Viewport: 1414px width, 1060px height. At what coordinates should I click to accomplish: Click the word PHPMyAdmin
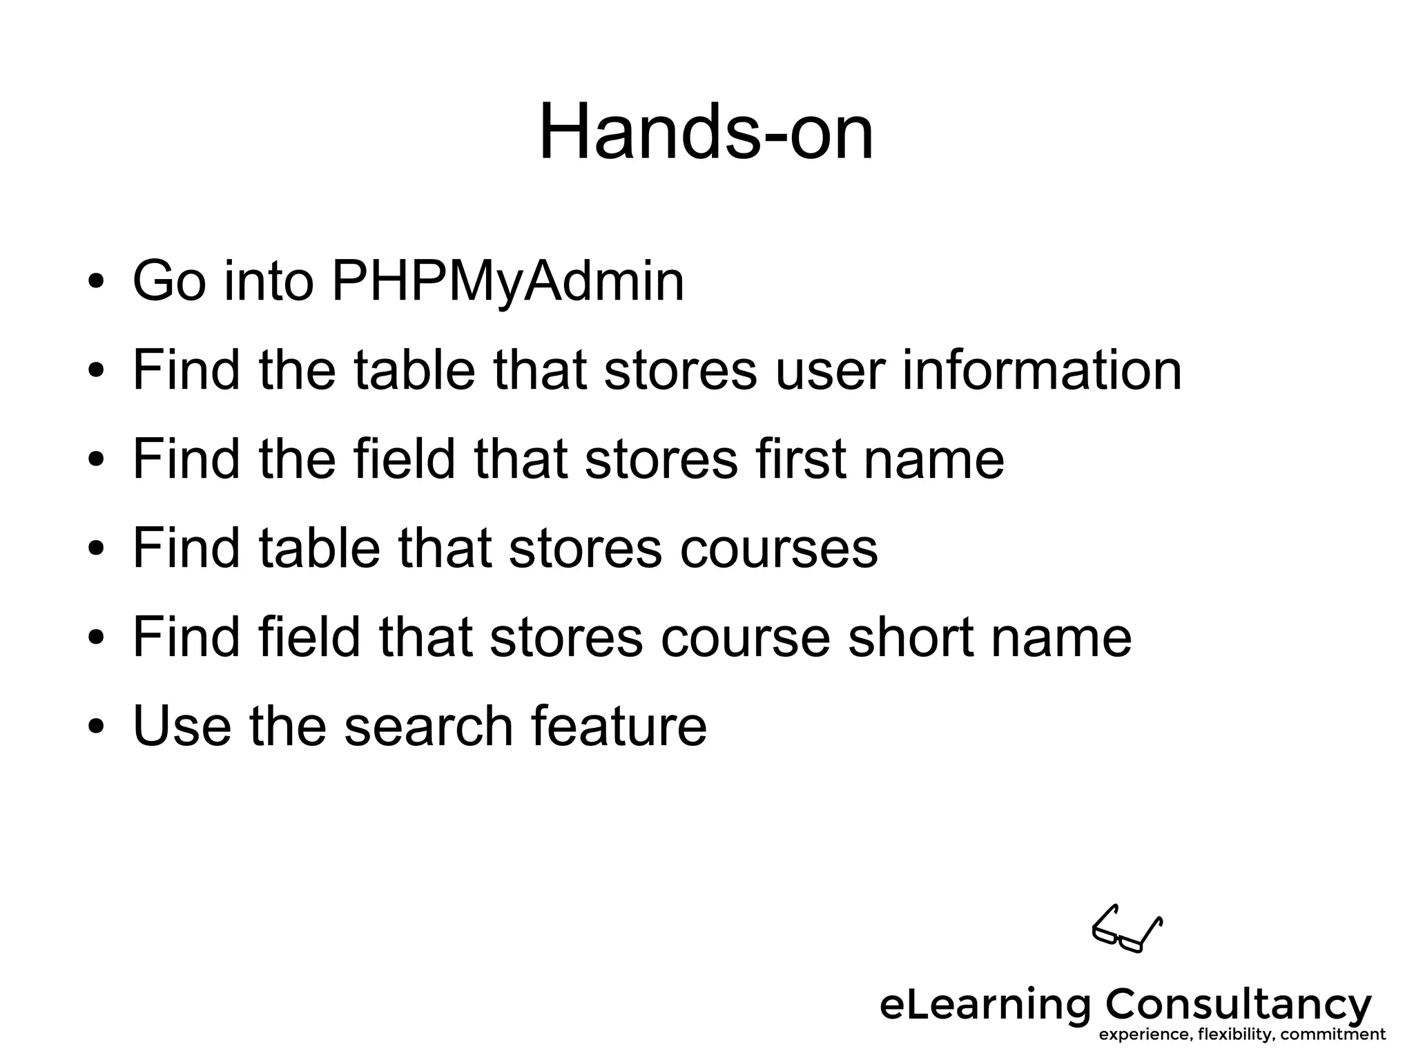click(507, 281)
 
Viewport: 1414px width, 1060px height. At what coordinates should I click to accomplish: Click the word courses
click(778, 548)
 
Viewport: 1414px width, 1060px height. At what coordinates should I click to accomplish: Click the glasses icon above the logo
click(1127, 929)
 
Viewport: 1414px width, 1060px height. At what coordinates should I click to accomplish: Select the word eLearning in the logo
click(983, 1005)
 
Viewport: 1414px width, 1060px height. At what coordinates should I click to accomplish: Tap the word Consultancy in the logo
click(1239, 1005)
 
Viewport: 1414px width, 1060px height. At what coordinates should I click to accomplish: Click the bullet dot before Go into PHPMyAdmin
click(96, 282)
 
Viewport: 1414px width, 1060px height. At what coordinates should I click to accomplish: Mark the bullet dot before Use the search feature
click(96, 727)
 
